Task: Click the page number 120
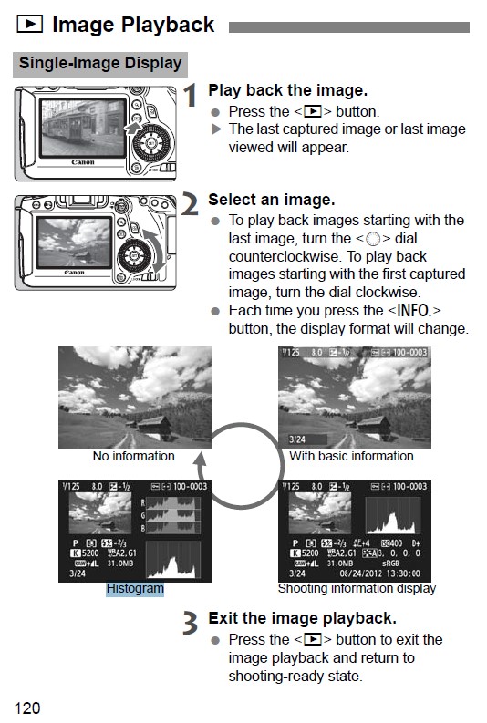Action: click(x=26, y=707)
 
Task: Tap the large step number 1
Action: click(x=190, y=97)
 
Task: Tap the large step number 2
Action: click(x=190, y=205)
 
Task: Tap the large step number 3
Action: click(x=190, y=624)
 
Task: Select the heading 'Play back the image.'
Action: click(x=287, y=90)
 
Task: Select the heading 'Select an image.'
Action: click(x=271, y=199)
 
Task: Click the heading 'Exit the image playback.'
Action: click(x=302, y=617)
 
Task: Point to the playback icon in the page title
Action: click(x=29, y=26)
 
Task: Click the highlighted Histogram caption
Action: click(x=135, y=589)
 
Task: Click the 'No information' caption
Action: click(x=133, y=456)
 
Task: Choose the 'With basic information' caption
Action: click(x=351, y=456)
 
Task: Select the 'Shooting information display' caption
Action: click(x=357, y=589)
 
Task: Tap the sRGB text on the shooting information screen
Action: click(x=380, y=563)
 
